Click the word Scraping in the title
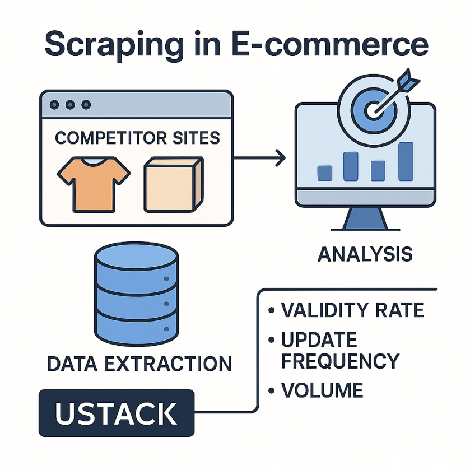114,45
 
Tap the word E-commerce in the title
330,44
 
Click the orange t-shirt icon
94,185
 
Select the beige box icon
174,185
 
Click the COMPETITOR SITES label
137,138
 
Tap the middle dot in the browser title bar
70,105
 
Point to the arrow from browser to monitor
259,157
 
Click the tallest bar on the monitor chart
406,161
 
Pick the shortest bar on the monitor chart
325,173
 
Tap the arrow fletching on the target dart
408,80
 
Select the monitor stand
365,220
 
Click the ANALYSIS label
365,254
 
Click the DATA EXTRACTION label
139,364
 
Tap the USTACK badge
117,413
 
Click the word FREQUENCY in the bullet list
340,361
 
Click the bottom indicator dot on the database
167,329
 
